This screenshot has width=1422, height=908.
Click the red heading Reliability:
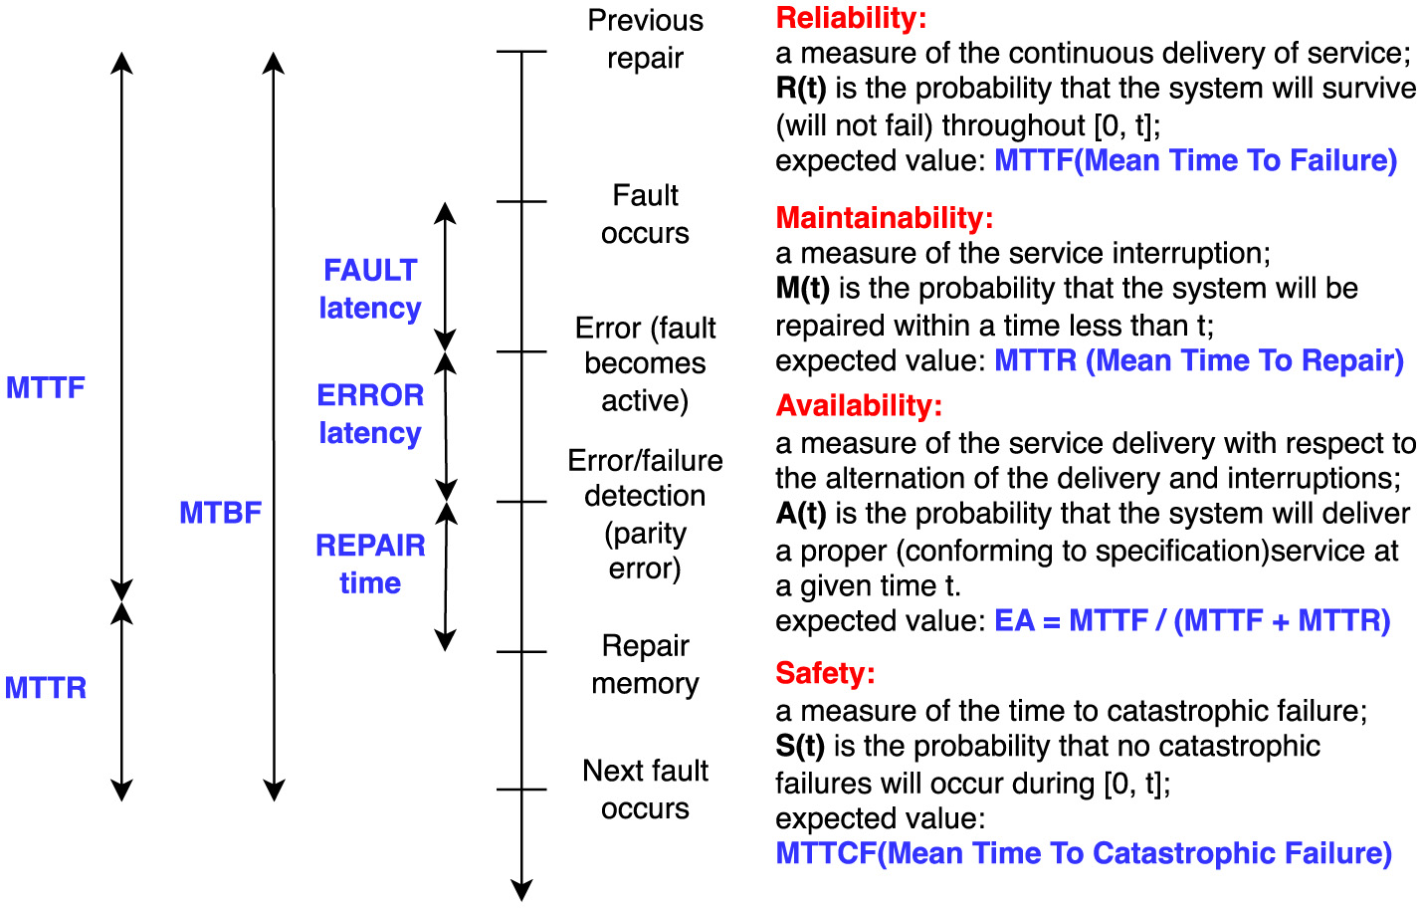(x=851, y=18)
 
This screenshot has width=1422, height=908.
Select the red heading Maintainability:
(x=884, y=218)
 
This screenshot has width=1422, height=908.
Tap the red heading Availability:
(x=858, y=406)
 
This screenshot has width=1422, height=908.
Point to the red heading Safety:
(x=825, y=674)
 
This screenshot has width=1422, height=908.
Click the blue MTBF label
(x=220, y=513)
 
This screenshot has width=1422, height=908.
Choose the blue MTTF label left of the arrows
(x=46, y=387)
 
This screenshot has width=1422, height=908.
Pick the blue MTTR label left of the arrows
(x=46, y=688)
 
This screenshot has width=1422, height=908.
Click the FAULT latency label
(x=370, y=289)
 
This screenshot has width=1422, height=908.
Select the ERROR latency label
(x=370, y=414)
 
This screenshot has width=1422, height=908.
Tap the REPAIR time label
(x=370, y=564)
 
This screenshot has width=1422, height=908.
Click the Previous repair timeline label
(x=645, y=40)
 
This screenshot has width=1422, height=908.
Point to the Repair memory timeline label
(x=645, y=665)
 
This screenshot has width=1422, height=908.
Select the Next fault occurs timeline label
(x=645, y=790)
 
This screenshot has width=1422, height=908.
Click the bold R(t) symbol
(x=801, y=89)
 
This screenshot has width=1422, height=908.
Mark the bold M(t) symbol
(x=802, y=289)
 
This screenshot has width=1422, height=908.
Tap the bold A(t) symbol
(x=801, y=514)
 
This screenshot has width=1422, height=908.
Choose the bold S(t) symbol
(x=800, y=747)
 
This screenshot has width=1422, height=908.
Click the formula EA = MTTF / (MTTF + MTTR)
(x=1192, y=621)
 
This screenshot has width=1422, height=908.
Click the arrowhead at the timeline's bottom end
(x=521, y=890)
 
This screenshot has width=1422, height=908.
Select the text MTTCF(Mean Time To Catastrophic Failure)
(x=1083, y=854)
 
